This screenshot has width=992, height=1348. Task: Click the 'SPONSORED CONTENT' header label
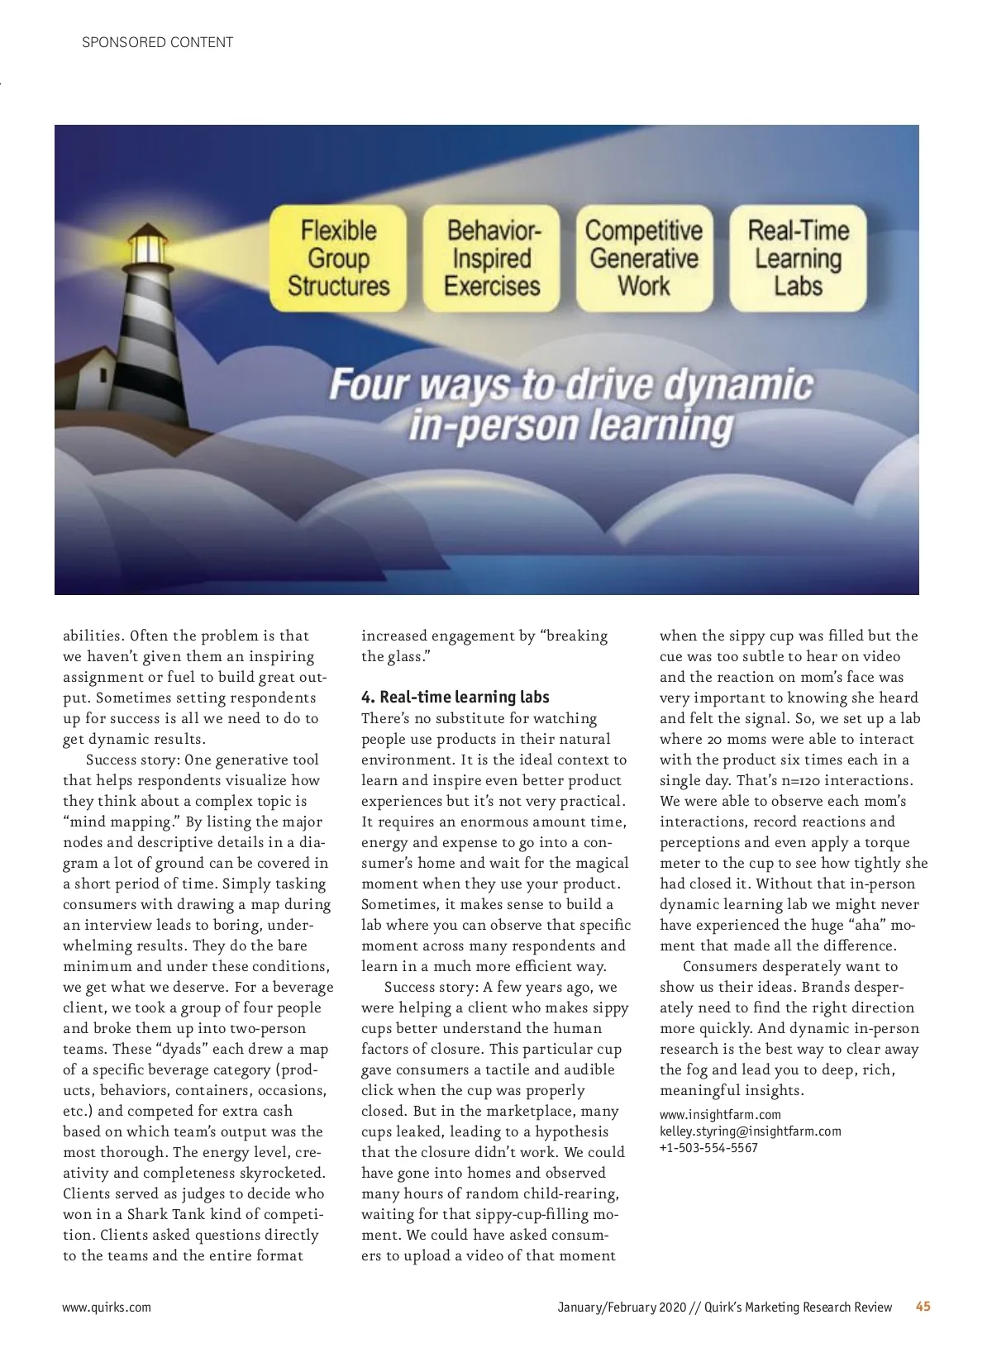tap(157, 42)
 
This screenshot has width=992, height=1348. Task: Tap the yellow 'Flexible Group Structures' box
tap(339, 258)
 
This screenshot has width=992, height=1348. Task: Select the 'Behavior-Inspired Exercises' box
tap(492, 258)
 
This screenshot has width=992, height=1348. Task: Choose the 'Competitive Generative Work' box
tap(644, 258)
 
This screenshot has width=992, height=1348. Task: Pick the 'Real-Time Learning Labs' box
tap(798, 258)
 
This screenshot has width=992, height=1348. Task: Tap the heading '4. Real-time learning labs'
tap(455, 697)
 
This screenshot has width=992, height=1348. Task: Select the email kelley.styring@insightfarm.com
tap(750, 1131)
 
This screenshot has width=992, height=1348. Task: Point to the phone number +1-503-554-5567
tap(708, 1147)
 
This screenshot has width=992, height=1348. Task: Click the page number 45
tap(923, 1307)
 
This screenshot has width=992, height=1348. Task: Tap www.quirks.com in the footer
tap(107, 1307)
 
